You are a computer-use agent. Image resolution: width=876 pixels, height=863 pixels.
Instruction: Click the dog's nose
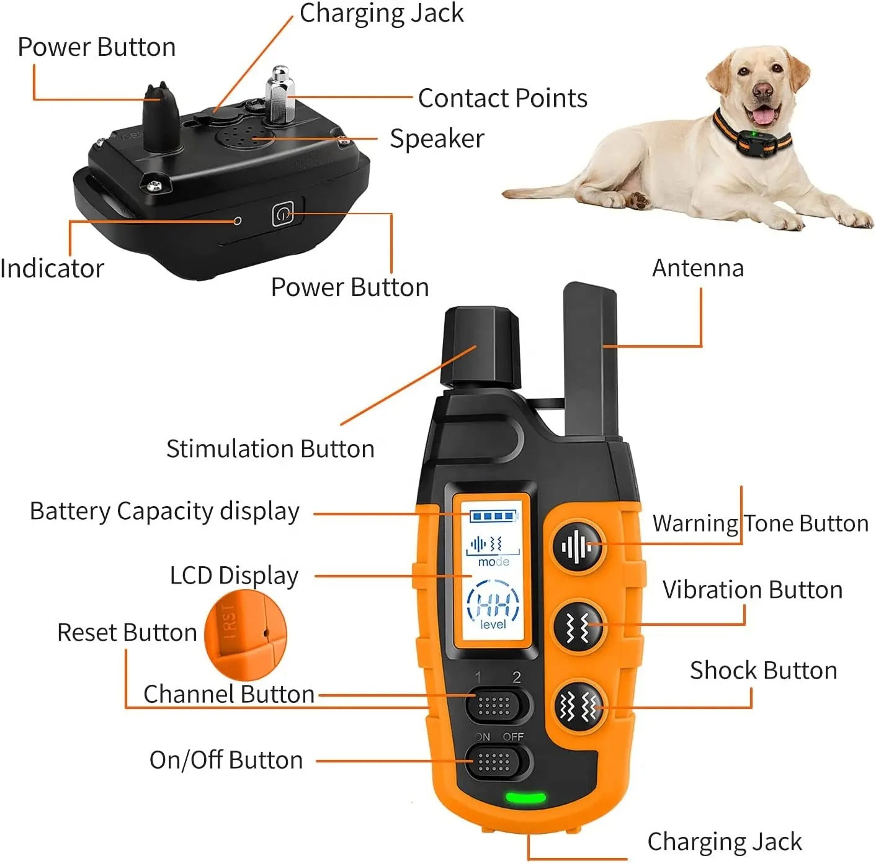click(762, 91)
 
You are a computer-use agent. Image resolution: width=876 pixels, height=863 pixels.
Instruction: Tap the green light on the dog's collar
click(753, 133)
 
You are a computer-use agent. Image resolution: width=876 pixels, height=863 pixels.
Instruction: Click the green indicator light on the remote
click(525, 797)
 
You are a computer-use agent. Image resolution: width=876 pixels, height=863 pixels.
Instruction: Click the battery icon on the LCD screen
click(493, 516)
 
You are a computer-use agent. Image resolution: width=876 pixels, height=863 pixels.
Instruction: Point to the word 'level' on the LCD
click(493, 625)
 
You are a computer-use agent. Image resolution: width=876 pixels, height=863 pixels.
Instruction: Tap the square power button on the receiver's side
click(283, 215)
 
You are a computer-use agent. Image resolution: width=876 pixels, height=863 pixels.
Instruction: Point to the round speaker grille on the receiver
click(244, 136)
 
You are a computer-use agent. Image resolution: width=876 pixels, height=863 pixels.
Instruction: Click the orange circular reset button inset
click(246, 635)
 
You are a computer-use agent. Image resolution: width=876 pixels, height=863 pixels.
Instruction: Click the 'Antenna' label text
click(697, 268)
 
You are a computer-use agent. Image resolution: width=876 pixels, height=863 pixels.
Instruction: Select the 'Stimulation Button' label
click(270, 449)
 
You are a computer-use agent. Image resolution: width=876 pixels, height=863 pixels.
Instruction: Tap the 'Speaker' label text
click(437, 138)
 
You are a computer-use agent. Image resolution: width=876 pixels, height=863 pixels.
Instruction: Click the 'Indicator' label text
click(51, 269)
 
